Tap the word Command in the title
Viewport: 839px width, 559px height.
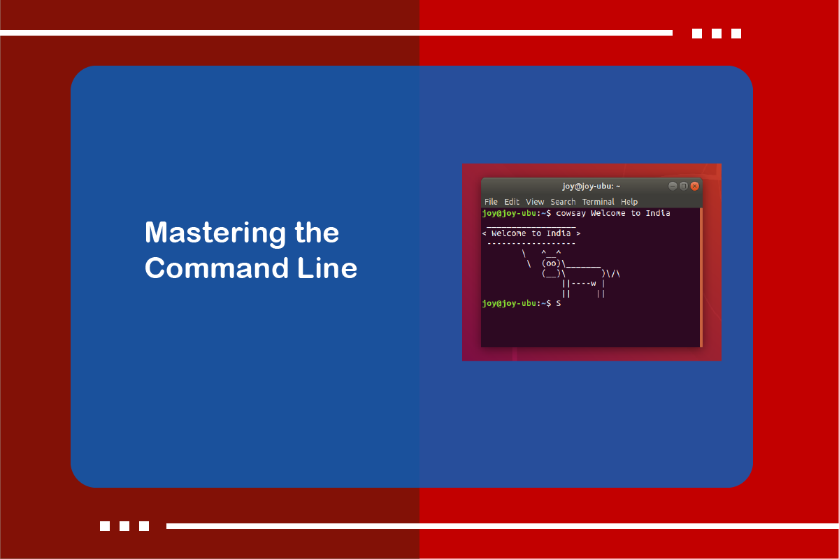217,268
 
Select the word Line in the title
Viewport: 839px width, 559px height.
327,268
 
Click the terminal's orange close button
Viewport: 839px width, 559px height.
694,186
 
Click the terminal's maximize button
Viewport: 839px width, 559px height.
684,186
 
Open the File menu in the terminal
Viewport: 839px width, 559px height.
491,202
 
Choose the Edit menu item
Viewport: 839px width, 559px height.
512,202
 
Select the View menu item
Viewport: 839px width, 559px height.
535,202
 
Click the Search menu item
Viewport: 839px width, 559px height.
563,202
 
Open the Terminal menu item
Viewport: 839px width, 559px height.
598,202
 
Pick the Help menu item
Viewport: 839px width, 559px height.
629,202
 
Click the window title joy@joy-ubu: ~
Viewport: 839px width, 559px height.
591,186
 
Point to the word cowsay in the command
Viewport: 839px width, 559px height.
571,213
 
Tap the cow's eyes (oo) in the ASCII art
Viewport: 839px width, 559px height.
551,263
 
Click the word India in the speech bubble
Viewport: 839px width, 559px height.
559,233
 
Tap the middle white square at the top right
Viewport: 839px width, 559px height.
717,34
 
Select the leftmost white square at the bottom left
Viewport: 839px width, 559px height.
105,526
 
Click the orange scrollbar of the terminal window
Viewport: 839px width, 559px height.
701,277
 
